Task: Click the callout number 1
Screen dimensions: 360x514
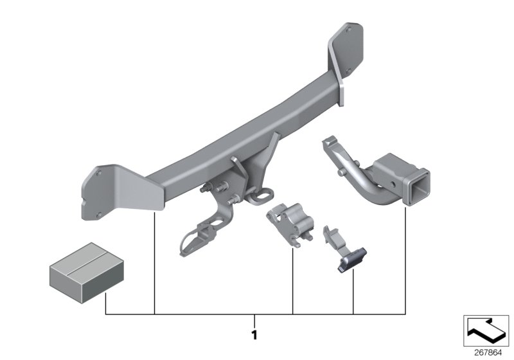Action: [x=254, y=335]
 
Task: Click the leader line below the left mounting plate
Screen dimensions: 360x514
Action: [x=155, y=264]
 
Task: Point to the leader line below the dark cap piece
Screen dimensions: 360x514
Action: [x=354, y=292]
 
